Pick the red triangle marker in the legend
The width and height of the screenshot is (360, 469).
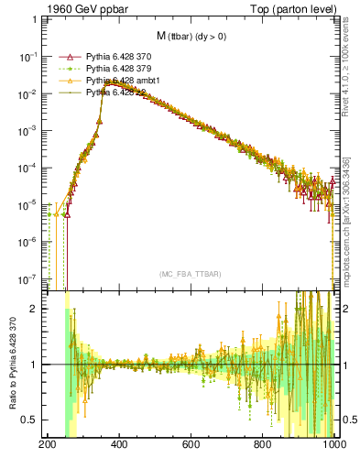pyautogui.click(x=65, y=58)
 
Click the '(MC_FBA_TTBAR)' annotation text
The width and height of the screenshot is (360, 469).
pyautogui.click(x=190, y=274)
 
